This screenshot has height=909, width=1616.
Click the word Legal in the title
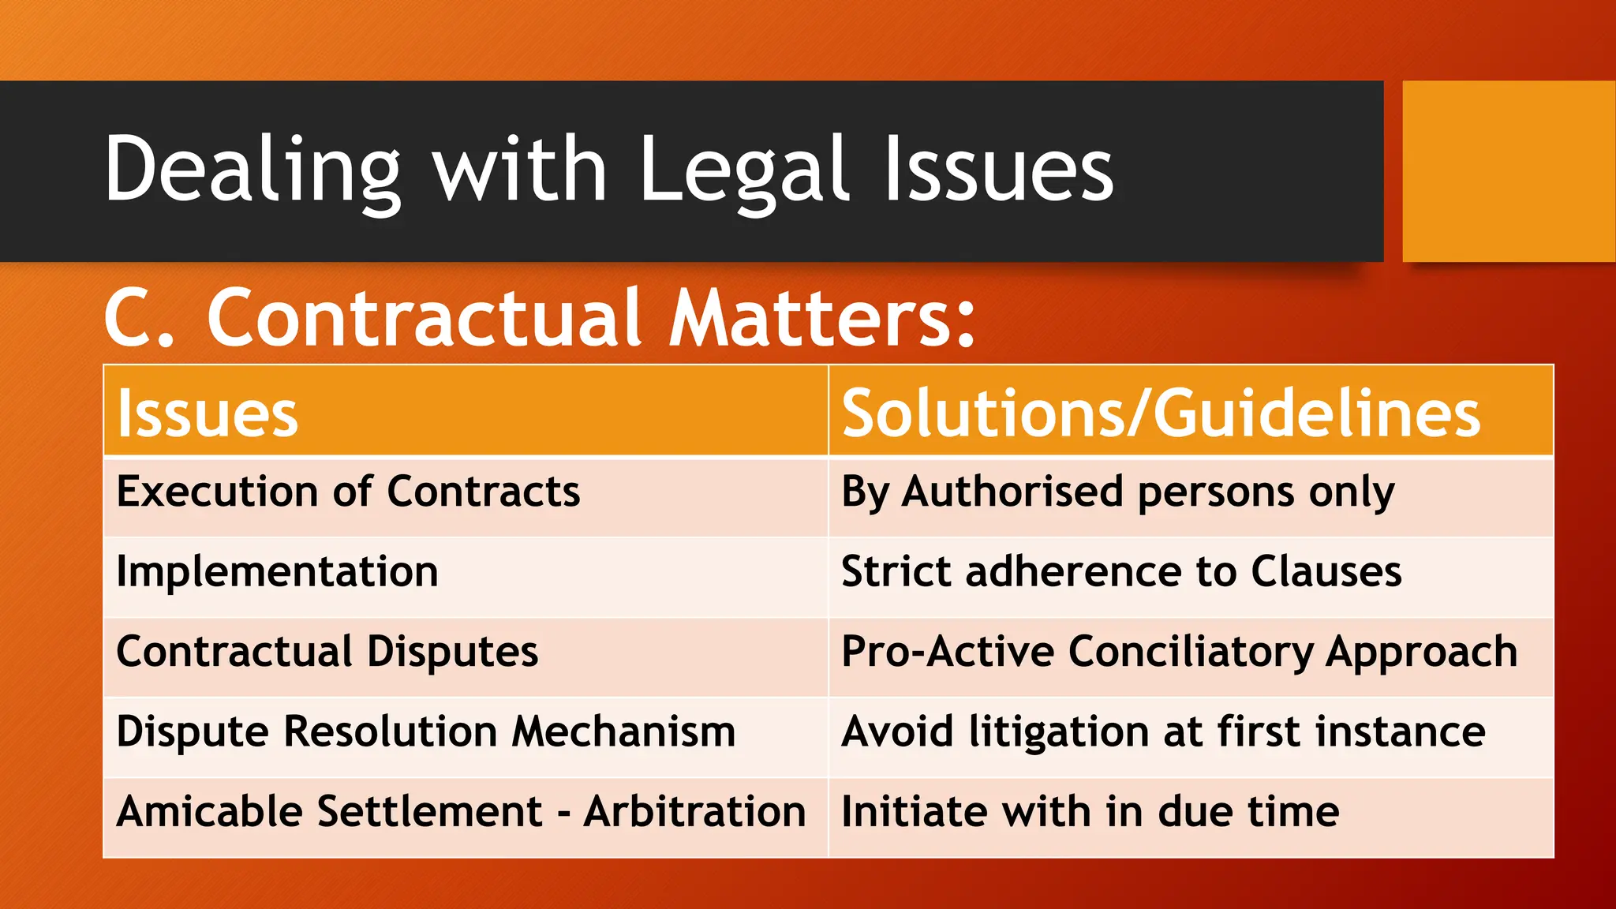[x=745, y=170]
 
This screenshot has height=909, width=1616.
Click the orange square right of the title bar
[x=1508, y=171]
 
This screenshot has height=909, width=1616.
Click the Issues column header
[x=208, y=413]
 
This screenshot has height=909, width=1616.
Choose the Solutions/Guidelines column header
[x=1161, y=413]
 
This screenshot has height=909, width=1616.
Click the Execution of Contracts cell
[x=348, y=492]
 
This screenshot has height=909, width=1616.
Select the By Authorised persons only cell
[x=1117, y=493]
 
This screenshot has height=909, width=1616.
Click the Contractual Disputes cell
[x=327, y=653]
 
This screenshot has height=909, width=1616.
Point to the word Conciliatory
[x=1191, y=653]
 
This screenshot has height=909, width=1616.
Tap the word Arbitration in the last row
[x=694, y=812]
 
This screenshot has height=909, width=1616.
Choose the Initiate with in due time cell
[x=1090, y=812]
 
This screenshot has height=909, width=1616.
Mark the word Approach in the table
[x=1421, y=654]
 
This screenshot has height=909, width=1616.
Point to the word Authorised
[x=1012, y=492]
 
